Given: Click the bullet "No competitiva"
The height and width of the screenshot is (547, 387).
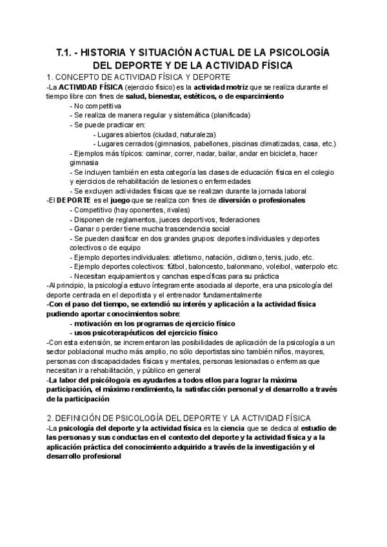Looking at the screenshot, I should pos(98,105).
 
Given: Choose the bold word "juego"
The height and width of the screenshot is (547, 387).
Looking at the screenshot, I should pos(124,201).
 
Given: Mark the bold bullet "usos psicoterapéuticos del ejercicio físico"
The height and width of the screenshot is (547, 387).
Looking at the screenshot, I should pos(144,332).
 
